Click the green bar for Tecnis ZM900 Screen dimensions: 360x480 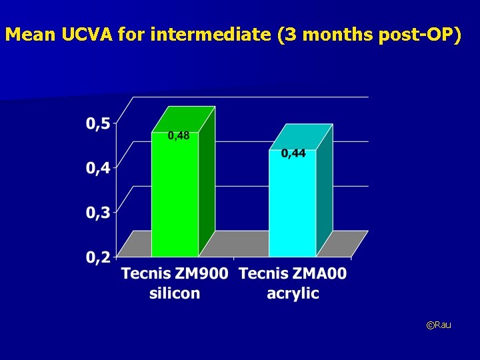(175, 200)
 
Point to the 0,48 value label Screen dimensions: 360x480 (178, 136)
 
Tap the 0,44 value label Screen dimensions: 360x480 (293, 154)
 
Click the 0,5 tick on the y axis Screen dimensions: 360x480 (98, 123)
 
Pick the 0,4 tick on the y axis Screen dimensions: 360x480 (98, 168)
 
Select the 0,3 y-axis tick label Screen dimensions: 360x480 (98, 213)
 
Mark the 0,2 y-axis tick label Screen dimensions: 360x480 (98, 258)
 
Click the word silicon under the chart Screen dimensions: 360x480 (175, 293)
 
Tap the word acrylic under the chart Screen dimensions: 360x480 (293, 293)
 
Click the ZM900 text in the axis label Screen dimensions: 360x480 (201, 274)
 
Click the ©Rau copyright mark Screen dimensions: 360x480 (439, 325)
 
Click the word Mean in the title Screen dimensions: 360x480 (31, 35)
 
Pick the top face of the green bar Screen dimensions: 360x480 (183, 119)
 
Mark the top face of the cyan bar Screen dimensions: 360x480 (301, 137)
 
